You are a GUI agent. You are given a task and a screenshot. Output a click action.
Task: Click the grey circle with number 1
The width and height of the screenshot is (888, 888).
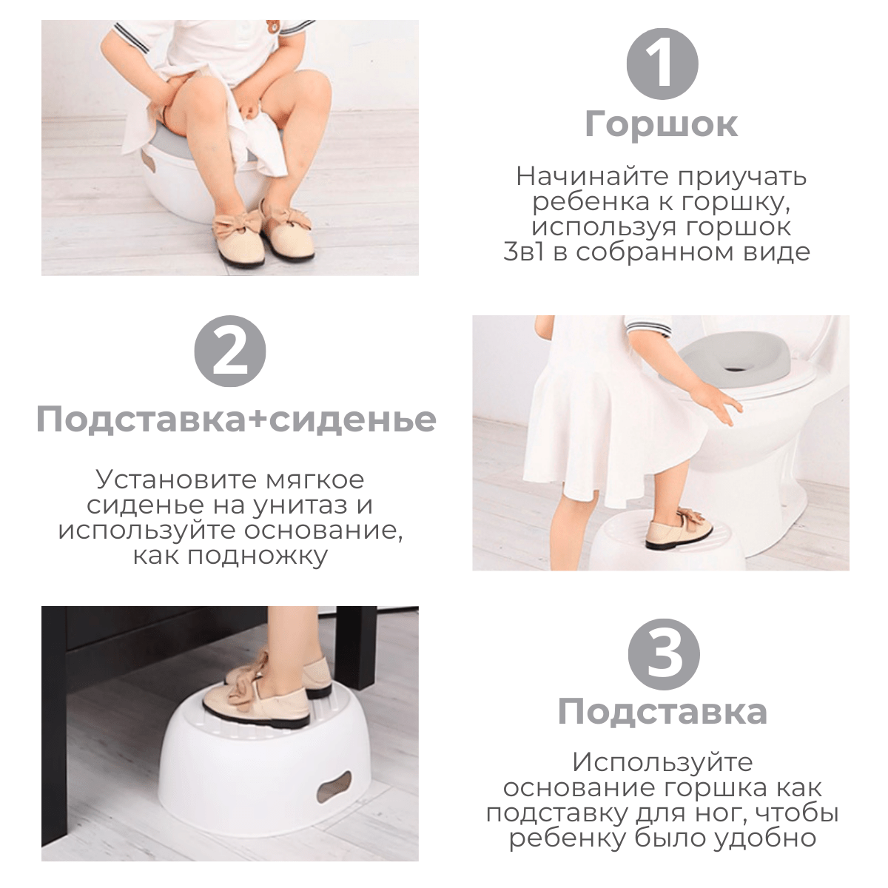(662, 64)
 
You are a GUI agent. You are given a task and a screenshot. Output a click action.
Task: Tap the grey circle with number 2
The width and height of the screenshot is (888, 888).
(230, 351)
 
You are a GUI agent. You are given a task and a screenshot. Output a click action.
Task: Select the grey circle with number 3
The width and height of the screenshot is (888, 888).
(664, 655)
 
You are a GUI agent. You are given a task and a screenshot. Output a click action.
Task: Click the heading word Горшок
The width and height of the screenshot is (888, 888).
(662, 124)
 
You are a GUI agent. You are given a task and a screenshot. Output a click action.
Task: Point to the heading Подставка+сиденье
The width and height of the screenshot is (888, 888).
(236, 420)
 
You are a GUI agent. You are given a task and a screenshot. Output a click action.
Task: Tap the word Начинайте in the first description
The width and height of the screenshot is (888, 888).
(579, 177)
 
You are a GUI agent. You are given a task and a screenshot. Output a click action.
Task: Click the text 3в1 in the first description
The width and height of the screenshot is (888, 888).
(523, 252)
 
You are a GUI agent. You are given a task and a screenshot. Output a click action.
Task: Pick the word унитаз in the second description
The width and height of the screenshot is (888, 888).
(301, 505)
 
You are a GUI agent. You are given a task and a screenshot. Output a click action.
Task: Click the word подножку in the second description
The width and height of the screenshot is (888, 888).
(258, 556)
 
